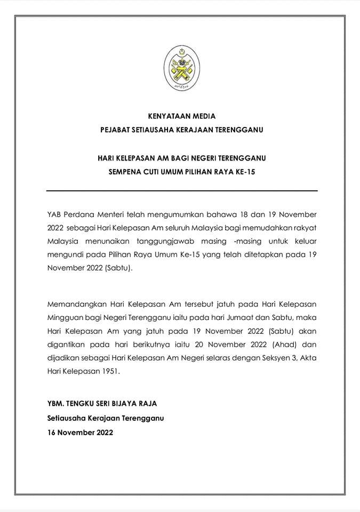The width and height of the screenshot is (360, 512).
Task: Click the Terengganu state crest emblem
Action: pyautogui.click(x=181, y=68)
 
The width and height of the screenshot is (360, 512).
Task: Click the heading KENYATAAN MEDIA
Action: pyautogui.click(x=182, y=116)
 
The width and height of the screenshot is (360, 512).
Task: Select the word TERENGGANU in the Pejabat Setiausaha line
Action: pyautogui.click(x=238, y=129)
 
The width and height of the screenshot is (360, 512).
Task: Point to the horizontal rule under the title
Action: pyautogui.click(x=182, y=190)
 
